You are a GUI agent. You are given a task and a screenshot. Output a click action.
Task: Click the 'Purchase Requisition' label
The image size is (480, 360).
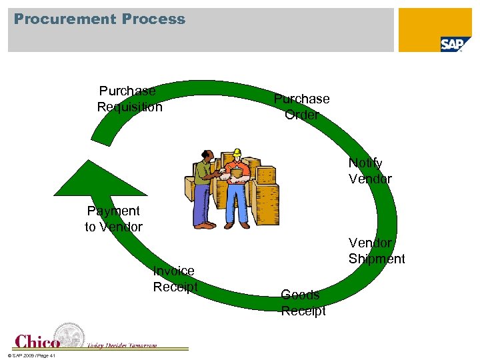[x=129, y=99]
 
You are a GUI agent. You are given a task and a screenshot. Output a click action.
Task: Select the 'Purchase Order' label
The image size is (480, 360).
[x=301, y=107]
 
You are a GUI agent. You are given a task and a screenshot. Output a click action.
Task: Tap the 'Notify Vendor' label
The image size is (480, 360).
[x=369, y=171]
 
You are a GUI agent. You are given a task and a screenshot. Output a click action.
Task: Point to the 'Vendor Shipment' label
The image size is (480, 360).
[x=376, y=251]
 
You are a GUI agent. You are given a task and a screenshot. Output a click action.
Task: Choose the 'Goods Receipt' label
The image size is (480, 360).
[x=303, y=303]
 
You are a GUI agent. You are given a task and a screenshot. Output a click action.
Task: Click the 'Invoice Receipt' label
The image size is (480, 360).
[x=175, y=279]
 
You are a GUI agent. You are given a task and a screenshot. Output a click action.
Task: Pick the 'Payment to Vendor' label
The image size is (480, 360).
[x=113, y=219]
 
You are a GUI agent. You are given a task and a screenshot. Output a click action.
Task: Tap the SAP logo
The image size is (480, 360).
[x=451, y=44]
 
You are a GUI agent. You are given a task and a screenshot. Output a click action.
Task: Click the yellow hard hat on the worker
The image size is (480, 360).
[x=236, y=153]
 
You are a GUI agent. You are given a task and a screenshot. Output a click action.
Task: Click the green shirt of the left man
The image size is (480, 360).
[x=203, y=173]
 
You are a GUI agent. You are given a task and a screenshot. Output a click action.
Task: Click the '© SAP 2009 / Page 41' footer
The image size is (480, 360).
[x=32, y=355]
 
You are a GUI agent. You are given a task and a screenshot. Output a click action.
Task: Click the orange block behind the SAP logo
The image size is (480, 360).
[x=427, y=23]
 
